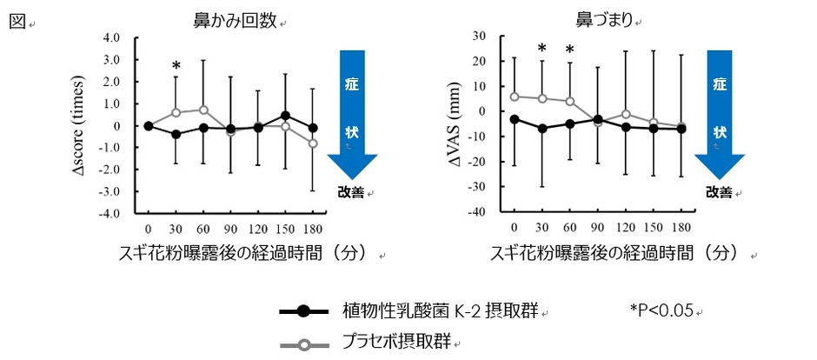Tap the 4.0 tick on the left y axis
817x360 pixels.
pos(111,37)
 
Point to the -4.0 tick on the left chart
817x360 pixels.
pos(110,213)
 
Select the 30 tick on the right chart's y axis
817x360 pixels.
pos(477,36)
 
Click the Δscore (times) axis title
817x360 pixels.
pos(88,125)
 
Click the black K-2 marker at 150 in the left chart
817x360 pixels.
pos(285,115)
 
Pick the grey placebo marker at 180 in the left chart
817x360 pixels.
pos(313,143)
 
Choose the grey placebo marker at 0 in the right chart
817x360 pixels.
pos(515,97)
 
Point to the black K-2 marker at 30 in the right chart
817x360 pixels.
pos(541,129)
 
